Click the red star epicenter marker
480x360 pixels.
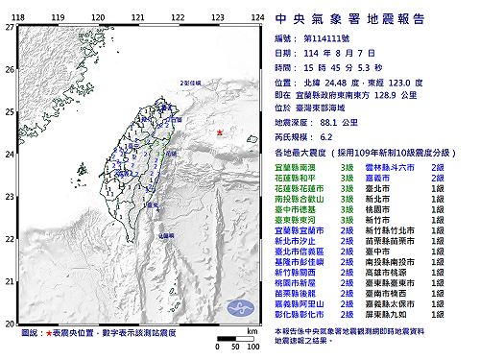coord(219,132)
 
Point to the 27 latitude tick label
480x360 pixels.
coord(10,27)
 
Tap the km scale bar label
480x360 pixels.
coord(252,328)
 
